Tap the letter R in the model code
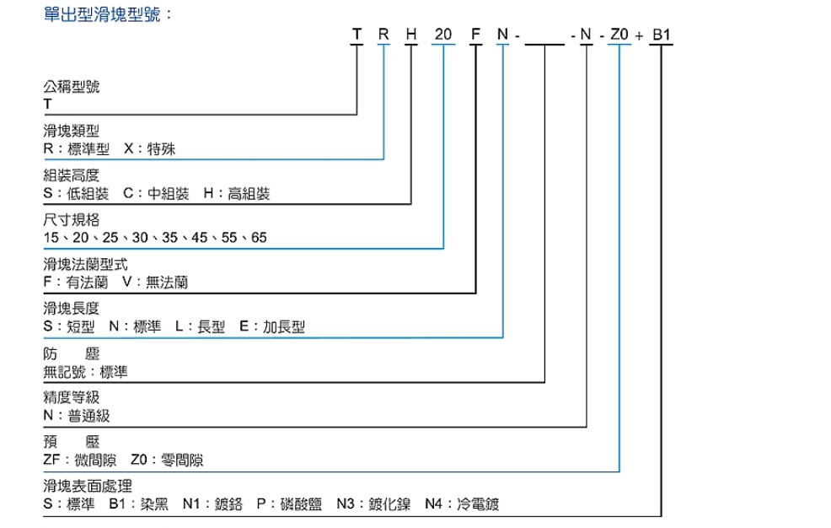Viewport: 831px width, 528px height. point(383,35)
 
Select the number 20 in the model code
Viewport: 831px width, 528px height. point(443,35)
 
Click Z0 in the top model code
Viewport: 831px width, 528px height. point(619,35)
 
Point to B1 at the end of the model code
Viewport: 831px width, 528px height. point(662,35)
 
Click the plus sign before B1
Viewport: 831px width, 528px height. point(639,36)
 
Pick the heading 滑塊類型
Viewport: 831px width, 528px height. point(71,131)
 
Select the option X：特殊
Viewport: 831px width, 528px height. point(149,148)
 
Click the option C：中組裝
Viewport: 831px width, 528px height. point(157,193)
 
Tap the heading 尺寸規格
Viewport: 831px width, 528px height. point(71,219)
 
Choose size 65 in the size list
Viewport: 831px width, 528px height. point(259,238)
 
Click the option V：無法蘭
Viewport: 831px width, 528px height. point(155,282)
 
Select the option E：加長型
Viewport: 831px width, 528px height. point(272,326)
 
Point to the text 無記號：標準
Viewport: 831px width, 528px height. point(85,372)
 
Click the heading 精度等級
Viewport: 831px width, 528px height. point(71,397)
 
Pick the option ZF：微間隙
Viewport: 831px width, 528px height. point(79,460)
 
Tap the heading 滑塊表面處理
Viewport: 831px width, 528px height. point(88,486)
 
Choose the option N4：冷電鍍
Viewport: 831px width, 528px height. point(462,504)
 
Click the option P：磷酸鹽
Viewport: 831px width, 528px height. point(289,504)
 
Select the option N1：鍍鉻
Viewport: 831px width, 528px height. point(212,504)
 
